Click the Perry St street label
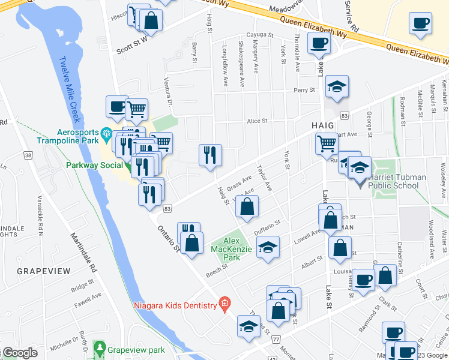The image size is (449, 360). [x=304, y=90]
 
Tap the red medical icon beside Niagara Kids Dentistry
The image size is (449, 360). [x=224, y=304]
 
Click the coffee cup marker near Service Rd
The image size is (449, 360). [x=420, y=23]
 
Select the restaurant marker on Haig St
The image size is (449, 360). [x=210, y=155]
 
